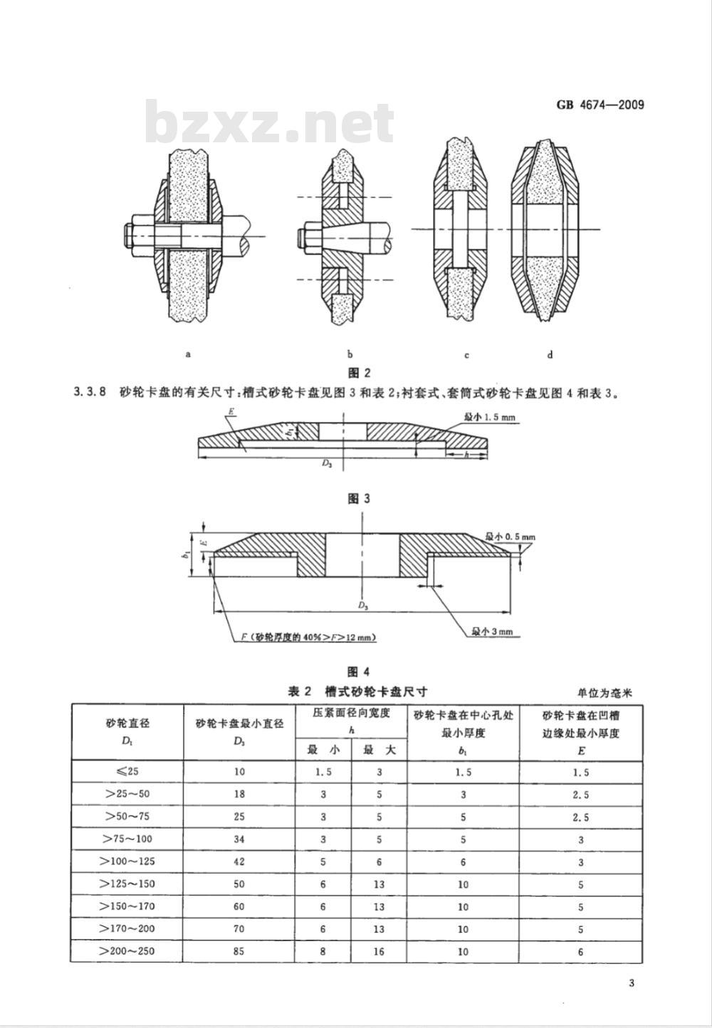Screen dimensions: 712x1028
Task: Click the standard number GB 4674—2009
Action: (600, 105)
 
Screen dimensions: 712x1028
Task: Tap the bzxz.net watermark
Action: (270, 122)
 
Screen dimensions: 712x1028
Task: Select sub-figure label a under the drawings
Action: (189, 354)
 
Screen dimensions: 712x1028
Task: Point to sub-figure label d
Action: (550, 354)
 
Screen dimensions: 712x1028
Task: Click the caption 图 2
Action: (360, 373)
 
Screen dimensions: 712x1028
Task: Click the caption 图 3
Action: (359, 499)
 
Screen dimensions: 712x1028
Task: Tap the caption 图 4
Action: (359, 672)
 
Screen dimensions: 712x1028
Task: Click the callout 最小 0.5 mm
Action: (511, 536)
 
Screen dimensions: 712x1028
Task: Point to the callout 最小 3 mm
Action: (492, 632)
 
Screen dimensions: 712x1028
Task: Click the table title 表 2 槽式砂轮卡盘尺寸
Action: (357, 691)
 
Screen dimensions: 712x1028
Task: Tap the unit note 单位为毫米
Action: (604, 692)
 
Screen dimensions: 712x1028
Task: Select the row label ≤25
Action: (127, 771)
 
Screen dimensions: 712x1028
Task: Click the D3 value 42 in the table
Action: (239, 861)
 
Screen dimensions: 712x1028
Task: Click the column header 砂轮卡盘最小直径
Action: (239, 724)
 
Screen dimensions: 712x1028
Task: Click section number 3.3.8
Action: (90, 393)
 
